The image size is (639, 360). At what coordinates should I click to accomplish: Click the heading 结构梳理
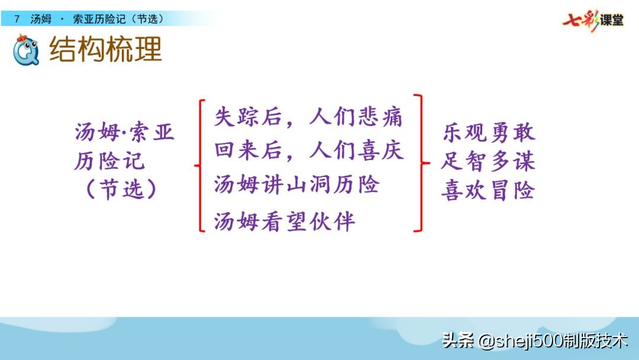tap(105, 49)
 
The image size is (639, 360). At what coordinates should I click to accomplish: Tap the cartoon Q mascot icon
tap(25, 50)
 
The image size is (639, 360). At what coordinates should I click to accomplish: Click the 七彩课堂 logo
tap(593, 20)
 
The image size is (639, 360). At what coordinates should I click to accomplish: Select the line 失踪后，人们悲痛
tap(308, 117)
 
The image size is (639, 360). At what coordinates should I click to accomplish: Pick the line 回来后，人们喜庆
tap(309, 150)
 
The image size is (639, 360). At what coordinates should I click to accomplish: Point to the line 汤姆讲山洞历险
tap(296, 184)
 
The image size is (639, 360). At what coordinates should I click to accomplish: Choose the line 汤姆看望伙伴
tap(285, 221)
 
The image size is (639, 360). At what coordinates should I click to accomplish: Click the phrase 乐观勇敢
tap(489, 133)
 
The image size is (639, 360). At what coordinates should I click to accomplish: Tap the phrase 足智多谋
tap(488, 162)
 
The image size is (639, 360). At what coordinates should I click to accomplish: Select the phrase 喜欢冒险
tap(488, 190)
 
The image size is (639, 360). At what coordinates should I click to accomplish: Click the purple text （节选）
tap(121, 189)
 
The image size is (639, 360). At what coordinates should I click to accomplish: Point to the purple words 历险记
tap(109, 161)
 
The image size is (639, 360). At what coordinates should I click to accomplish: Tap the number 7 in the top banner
tap(17, 19)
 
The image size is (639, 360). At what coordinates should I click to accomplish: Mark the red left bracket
tap(201, 166)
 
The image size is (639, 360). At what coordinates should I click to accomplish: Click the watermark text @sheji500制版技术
tap(553, 340)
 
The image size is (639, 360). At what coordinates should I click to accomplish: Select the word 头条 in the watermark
tap(459, 340)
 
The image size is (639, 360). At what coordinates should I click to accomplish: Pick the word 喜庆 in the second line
tap(380, 150)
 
